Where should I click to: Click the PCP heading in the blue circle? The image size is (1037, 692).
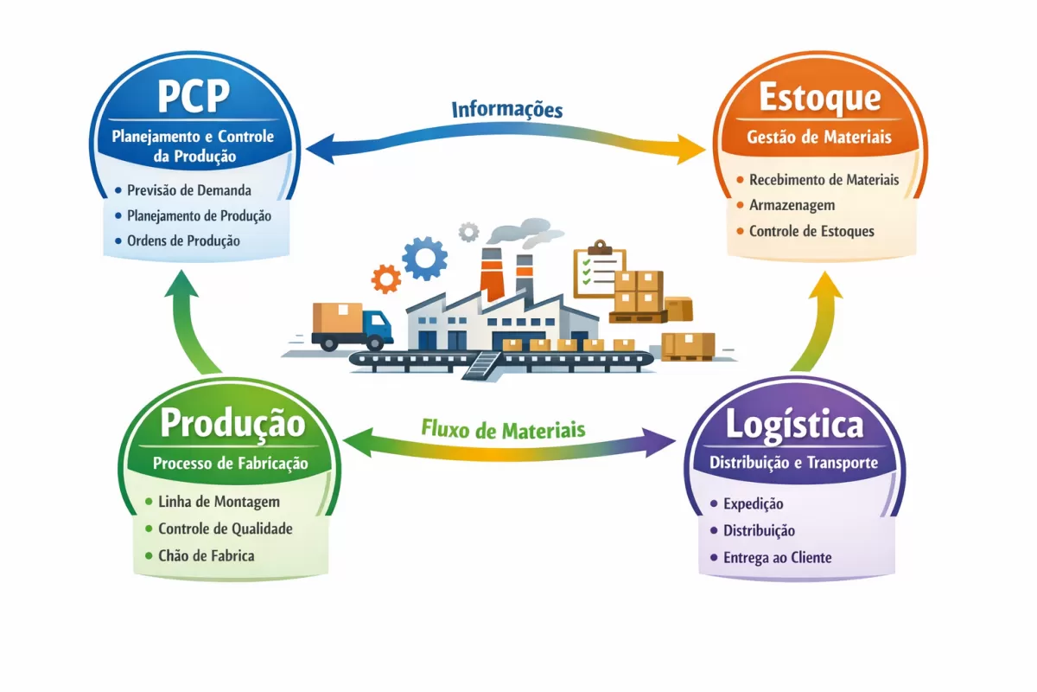coord(194,97)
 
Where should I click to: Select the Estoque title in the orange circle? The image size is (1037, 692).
coord(819,98)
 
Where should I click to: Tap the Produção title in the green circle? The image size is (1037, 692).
coord(232,424)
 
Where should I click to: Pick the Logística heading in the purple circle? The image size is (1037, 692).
coord(794,425)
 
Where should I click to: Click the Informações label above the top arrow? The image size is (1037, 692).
coord(507,110)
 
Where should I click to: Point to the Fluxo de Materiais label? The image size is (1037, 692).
coord(503,429)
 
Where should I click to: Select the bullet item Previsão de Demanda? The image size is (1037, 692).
coord(188,190)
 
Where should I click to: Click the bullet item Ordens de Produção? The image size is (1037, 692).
coord(183,240)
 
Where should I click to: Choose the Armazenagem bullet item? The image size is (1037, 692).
coord(792,206)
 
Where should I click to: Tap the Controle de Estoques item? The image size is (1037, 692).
coord(811,231)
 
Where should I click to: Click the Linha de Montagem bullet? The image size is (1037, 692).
coord(219,502)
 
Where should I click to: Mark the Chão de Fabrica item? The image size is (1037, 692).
coord(206,555)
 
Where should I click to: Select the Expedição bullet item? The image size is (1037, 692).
coord(753,503)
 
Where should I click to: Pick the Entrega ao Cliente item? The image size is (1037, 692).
coord(777,558)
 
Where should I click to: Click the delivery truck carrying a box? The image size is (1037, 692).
coord(351,327)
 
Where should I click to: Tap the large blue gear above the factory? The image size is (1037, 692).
coord(424,257)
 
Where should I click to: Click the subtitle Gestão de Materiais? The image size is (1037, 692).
coord(819,138)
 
